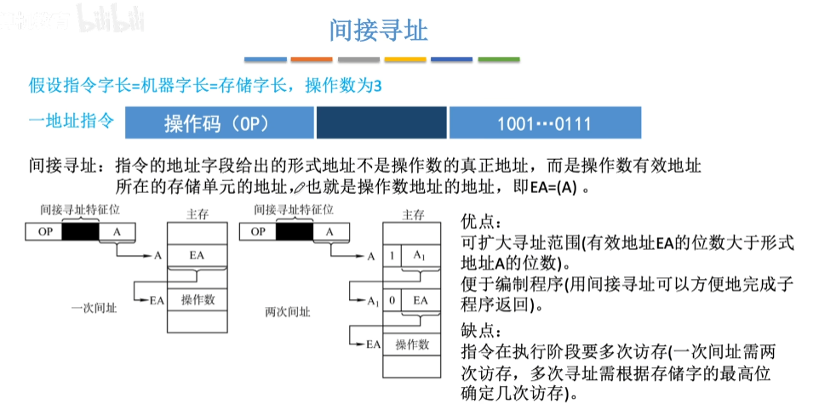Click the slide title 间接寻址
point(378,31)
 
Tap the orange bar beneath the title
point(312,60)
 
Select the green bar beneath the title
point(499,60)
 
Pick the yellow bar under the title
point(405,60)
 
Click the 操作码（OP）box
point(219,123)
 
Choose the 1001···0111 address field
point(545,123)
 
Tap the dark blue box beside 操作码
point(381,123)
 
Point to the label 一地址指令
point(71,121)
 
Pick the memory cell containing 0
point(392,300)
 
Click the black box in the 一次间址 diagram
point(81,231)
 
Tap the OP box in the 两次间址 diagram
point(257,231)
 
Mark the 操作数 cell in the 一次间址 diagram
point(198,299)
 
